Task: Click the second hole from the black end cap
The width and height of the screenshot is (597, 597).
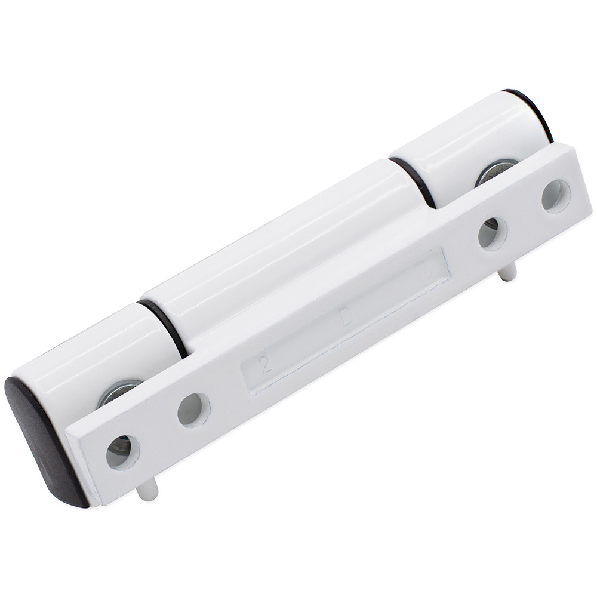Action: [x=193, y=410]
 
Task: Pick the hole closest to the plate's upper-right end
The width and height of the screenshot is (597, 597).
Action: [x=556, y=195]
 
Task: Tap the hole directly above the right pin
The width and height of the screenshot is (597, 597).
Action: [x=492, y=233]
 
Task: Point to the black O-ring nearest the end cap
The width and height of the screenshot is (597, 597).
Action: [x=164, y=328]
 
